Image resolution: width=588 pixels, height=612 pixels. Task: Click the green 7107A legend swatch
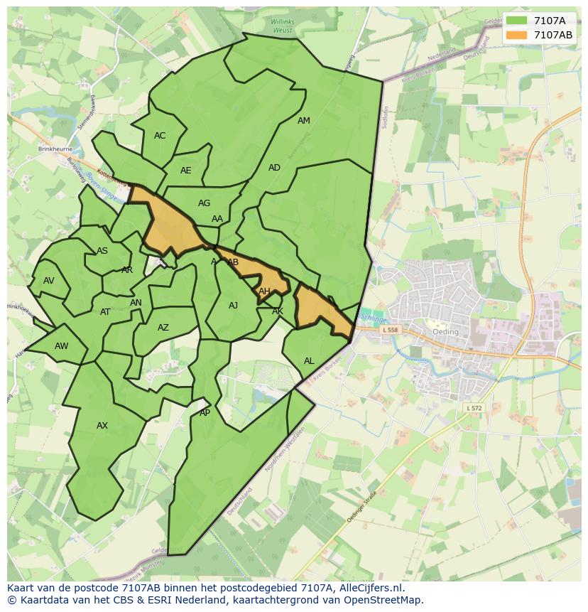pyautogui.click(x=516, y=21)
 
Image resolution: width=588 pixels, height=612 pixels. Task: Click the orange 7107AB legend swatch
pyautogui.click(x=516, y=35)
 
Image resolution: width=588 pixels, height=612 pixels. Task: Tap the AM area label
pyautogui.click(x=304, y=121)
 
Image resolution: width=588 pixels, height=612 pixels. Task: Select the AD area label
pyautogui.click(x=274, y=168)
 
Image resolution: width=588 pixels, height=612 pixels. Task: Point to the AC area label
pyautogui.click(x=160, y=136)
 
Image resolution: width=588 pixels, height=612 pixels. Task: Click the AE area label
pyautogui.click(x=186, y=171)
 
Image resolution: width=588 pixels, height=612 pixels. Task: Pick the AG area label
pyautogui.click(x=204, y=203)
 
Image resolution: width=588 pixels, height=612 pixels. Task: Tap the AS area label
pyautogui.click(x=102, y=251)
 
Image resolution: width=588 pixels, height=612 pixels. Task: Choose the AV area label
pyautogui.click(x=48, y=281)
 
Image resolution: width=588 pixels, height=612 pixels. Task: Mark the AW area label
pyautogui.click(x=62, y=346)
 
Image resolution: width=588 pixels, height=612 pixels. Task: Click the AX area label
pyautogui.click(x=102, y=426)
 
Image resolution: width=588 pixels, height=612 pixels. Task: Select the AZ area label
pyautogui.click(x=163, y=328)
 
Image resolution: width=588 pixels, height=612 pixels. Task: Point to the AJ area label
pyautogui.click(x=234, y=306)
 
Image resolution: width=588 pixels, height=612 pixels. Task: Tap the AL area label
pyautogui.click(x=309, y=361)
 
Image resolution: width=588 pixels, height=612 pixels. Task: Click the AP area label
pyautogui.click(x=205, y=413)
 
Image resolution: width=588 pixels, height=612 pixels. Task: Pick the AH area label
pyautogui.click(x=264, y=291)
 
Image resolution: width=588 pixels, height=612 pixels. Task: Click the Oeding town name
pyautogui.click(x=445, y=332)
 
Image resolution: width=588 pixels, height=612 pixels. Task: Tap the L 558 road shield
pyautogui.click(x=391, y=330)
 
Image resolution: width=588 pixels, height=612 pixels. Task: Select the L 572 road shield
pyautogui.click(x=474, y=408)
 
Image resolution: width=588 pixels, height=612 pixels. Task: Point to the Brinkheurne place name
pyautogui.click(x=56, y=150)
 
